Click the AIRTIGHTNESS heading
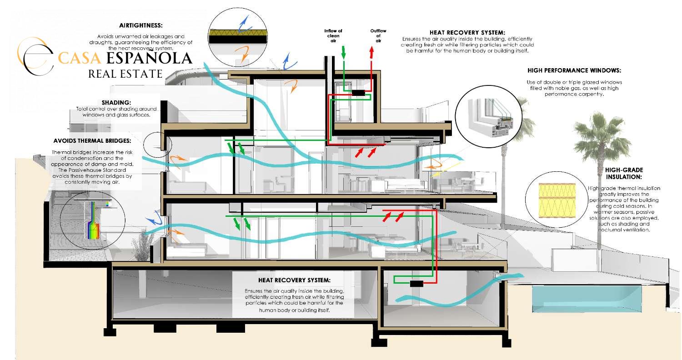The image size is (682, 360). tap(140, 25)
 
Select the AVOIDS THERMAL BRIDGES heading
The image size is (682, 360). tap(92, 140)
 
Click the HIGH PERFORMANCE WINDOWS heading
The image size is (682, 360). tap(574, 71)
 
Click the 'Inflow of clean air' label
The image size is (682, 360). tap(333, 36)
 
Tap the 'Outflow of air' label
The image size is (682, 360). tap(378, 36)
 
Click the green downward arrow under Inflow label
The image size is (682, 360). tap(343, 52)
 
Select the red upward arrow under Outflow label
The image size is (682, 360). tap(371, 52)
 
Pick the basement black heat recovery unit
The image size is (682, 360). tap(416, 284)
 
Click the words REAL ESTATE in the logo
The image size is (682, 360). tap(125, 74)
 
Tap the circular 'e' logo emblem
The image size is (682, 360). tap(35, 57)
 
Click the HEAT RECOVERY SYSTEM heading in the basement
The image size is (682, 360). tap(294, 280)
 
